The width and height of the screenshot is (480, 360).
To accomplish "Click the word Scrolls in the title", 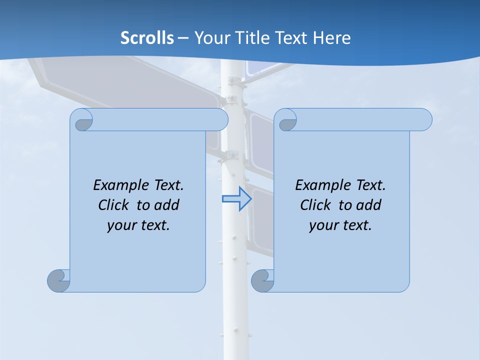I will tap(147, 38).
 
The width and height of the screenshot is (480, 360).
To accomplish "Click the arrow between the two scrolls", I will tap(236, 198).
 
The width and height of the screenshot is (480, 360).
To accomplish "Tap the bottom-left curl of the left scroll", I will tap(58, 280).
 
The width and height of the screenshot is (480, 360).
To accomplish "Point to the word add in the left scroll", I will tap(166, 205).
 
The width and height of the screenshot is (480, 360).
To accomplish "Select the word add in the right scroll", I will tap(368, 205).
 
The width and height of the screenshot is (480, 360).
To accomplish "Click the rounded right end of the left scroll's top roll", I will tap(222, 119).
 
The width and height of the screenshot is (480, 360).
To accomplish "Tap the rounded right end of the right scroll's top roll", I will tap(426, 119).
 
